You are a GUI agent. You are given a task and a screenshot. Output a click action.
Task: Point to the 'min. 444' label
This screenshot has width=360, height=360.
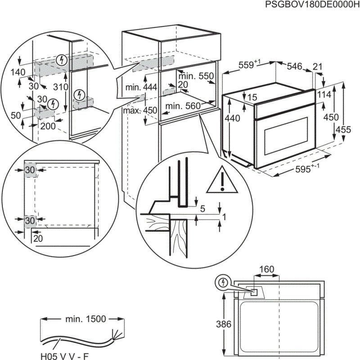pos(141,87)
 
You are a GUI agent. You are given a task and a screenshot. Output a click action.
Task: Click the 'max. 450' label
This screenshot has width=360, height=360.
pos(141,111)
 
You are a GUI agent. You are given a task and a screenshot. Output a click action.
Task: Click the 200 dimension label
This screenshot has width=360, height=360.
pos(48,126)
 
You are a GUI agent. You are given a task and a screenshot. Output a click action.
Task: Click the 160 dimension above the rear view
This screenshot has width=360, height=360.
pos(266,270)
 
